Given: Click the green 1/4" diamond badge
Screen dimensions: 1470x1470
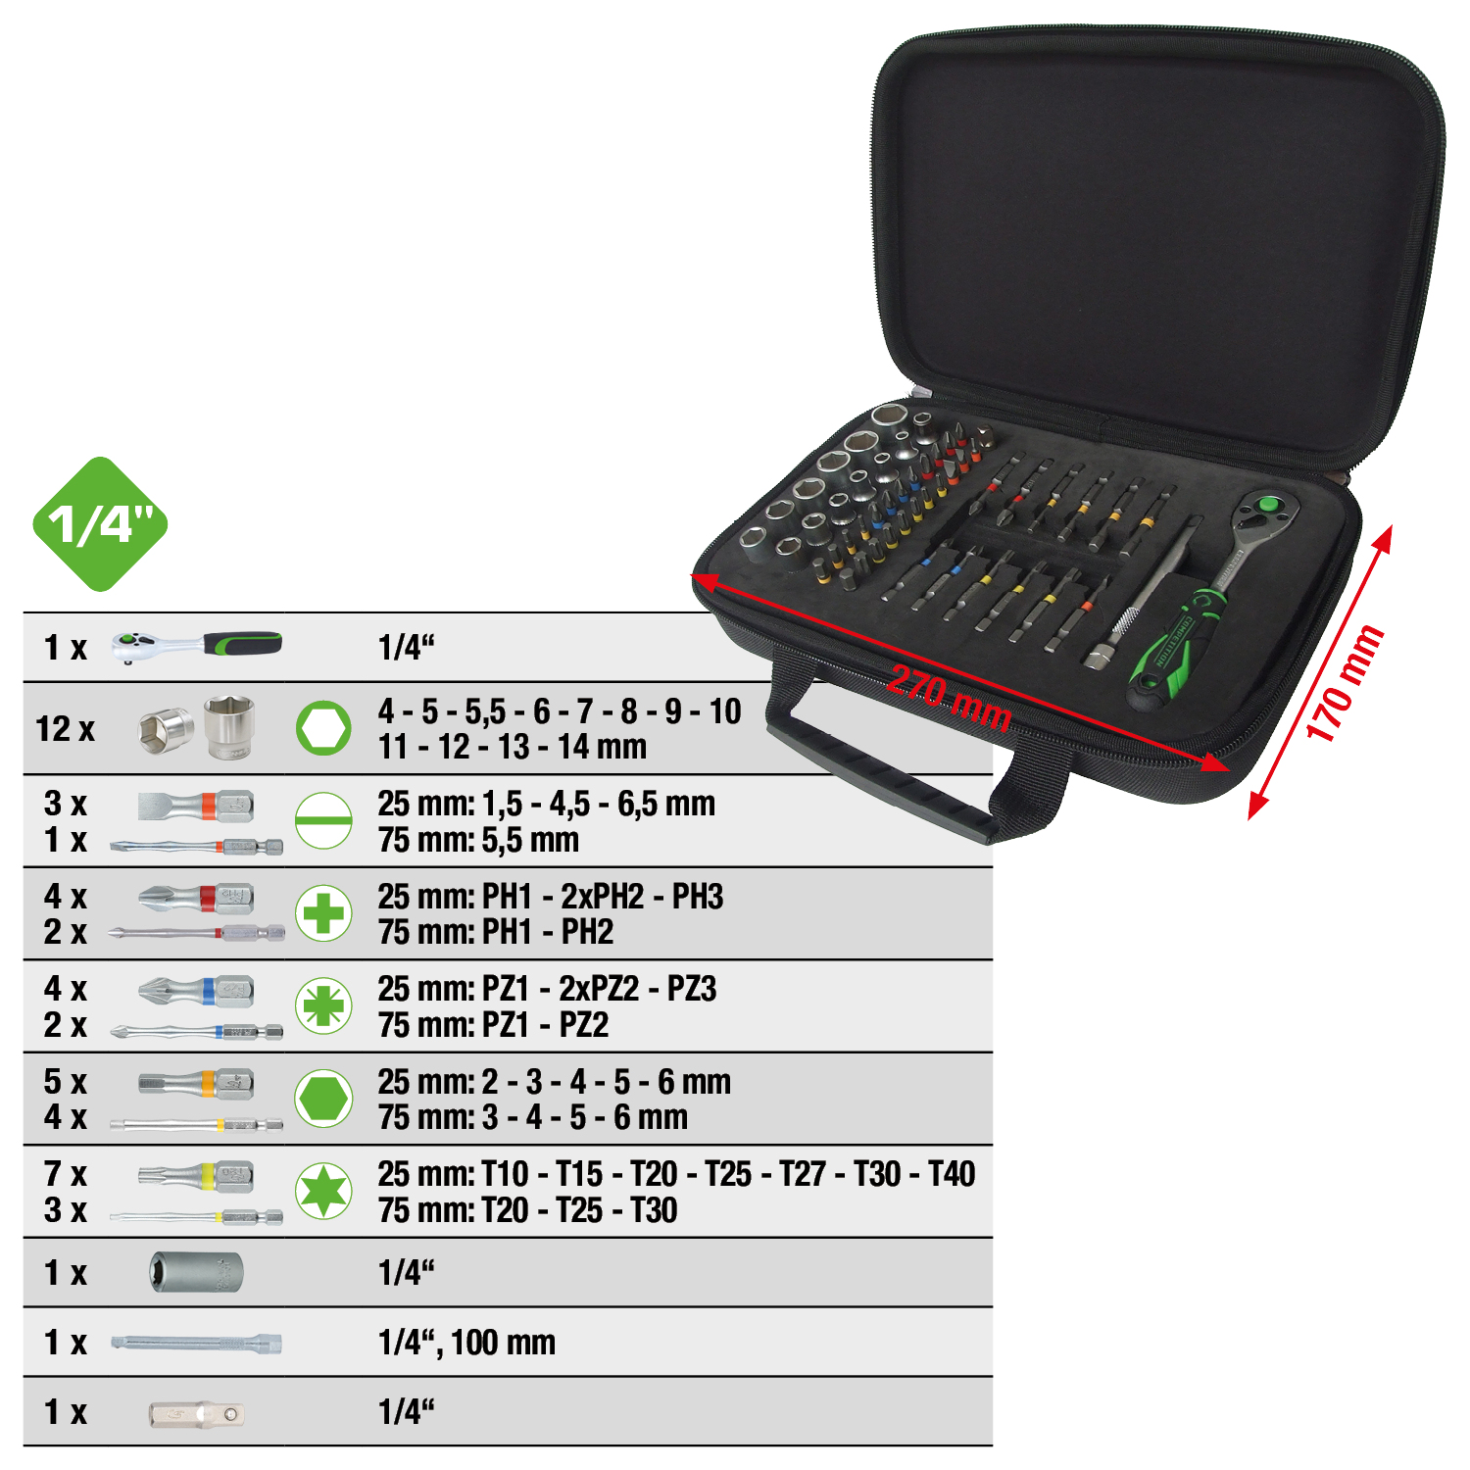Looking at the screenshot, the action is click(x=100, y=524).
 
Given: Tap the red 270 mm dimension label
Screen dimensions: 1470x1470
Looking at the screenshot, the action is click(x=949, y=698).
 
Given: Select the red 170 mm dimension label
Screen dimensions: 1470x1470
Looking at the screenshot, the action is click(x=1344, y=683).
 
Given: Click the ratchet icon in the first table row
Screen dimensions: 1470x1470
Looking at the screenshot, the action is click(x=196, y=646).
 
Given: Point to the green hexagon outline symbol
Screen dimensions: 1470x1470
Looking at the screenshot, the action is click(x=323, y=728).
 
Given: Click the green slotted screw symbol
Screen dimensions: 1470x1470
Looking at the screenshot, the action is click(x=323, y=821).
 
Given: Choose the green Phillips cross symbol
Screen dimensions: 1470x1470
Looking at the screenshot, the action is click(x=323, y=913).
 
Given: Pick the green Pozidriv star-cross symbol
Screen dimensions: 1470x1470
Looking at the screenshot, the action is click(x=323, y=1005).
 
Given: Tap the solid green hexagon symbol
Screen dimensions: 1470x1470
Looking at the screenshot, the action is click(x=323, y=1099).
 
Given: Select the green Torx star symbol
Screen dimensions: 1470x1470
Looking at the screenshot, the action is click(x=323, y=1191).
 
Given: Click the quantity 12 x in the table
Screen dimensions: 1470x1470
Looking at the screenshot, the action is click(x=65, y=729).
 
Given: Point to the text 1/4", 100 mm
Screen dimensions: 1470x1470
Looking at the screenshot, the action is click(x=466, y=1342).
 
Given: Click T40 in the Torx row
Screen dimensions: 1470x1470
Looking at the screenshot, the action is click(x=951, y=1173).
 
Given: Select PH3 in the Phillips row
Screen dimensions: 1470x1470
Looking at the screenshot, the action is click(x=697, y=896).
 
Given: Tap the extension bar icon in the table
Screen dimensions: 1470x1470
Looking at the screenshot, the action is click(x=196, y=1343).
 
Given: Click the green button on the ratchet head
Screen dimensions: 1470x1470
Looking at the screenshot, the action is click(x=1267, y=506).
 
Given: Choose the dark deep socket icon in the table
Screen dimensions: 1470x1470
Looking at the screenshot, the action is click(x=196, y=1272).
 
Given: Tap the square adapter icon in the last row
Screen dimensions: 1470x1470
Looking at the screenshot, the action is click(x=196, y=1413).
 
